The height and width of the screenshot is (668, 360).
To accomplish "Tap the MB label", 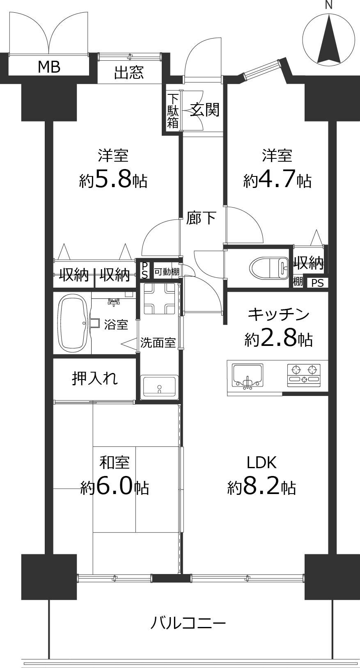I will tap(49, 66).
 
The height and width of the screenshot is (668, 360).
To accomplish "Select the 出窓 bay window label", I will tap(129, 73).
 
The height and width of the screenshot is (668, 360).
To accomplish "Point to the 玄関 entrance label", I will tap(204, 110).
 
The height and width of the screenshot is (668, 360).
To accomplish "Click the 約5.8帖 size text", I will tap(113, 179).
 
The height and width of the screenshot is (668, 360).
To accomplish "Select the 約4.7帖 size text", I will tap(277, 180).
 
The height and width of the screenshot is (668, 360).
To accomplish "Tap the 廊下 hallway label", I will tap(201, 218).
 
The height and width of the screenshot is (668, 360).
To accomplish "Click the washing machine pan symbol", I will tap(159, 298).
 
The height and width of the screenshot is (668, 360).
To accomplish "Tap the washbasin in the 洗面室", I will tap(159, 386).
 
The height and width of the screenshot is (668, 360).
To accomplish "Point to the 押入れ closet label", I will tap(95, 378).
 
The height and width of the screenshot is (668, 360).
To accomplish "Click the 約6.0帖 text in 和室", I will tap(115, 487).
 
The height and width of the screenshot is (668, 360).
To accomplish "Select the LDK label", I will tap(261, 462).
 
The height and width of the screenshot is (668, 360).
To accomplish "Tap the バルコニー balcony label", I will tap(188, 624).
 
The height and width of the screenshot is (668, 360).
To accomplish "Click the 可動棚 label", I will tap(167, 272).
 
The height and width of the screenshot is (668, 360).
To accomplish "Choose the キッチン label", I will tap(278, 315).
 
